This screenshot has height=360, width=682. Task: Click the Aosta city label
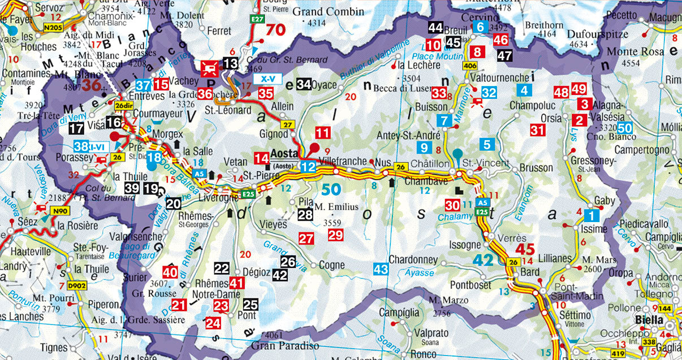tap(285, 154)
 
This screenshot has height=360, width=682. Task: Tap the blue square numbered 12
tap(308, 166)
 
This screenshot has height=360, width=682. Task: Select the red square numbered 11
tap(323, 133)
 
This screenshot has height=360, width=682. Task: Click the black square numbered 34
tap(304, 84)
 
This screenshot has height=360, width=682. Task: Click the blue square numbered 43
tap(381, 270)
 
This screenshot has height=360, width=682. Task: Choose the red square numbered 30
tap(452, 206)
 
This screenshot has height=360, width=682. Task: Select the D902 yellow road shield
tap(76, 287)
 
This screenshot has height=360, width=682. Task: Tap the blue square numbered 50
tap(625, 128)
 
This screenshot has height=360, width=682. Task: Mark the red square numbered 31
tap(537, 131)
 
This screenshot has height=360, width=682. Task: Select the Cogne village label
tap(331, 265)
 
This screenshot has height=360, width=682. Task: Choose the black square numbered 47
tap(504, 55)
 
